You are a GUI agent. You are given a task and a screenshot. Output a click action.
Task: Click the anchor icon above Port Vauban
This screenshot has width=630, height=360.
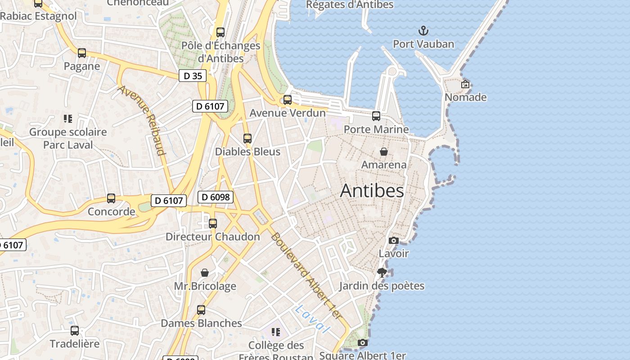point(423,31)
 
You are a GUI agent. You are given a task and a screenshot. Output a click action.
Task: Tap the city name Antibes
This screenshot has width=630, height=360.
point(372,191)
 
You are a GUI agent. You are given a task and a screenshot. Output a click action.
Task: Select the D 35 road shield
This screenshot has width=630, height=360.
point(193,76)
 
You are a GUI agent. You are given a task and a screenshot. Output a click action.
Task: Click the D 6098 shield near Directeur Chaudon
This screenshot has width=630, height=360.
point(216,197)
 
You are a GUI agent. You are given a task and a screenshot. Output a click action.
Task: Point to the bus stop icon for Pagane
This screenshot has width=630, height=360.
point(81,53)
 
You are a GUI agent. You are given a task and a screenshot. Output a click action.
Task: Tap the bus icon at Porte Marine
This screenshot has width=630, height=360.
point(376,116)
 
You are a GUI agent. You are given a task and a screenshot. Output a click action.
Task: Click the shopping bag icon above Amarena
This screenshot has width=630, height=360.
point(384,152)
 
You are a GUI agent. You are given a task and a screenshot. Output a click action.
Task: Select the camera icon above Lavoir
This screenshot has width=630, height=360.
point(393,240)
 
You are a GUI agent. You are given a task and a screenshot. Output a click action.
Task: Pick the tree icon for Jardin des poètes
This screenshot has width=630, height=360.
point(382,272)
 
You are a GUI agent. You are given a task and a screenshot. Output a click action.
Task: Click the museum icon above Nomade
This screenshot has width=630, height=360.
point(465,84)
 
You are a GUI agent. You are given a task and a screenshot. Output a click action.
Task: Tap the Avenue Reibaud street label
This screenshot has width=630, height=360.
point(142,120)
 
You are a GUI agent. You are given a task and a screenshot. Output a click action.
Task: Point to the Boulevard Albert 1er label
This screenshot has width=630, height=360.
point(306,277)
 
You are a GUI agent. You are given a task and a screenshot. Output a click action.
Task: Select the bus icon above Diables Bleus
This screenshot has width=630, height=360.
point(247,139)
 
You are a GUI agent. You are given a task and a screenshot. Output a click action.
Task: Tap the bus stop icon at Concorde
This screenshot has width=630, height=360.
point(111,198)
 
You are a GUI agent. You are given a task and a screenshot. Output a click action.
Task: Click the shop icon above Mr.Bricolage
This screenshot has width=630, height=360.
point(205,273)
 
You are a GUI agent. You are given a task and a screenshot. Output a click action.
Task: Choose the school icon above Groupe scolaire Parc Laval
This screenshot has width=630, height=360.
point(68,119)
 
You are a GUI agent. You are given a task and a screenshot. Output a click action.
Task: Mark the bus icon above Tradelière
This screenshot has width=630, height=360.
point(75,331)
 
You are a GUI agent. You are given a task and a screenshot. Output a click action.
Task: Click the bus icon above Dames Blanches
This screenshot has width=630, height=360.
point(201,310)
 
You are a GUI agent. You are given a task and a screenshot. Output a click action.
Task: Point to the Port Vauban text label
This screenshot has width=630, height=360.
point(423,44)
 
